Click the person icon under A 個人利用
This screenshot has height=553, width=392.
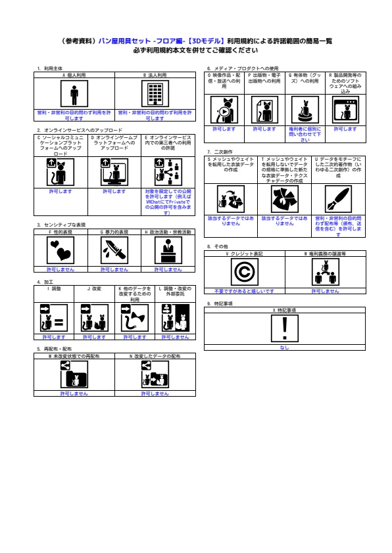tap(74, 95)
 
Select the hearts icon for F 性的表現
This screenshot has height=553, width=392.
tap(61, 250)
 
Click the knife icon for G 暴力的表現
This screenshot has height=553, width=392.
tap(114, 250)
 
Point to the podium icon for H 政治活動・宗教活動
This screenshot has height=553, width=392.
tap(168, 250)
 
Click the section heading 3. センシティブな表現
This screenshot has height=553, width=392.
tap(61, 225)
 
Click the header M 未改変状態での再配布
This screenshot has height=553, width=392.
tap(74, 355)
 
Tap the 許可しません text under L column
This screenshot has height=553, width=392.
tap(176, 336)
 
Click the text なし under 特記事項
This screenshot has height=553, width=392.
tap(285, 347)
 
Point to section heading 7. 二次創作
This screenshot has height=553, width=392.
tap(221, 152)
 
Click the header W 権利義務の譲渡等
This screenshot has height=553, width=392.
tap(325, 253)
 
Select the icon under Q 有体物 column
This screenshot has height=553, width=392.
tap(305, 109)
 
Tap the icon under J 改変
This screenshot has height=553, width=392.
tap(87, 317)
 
